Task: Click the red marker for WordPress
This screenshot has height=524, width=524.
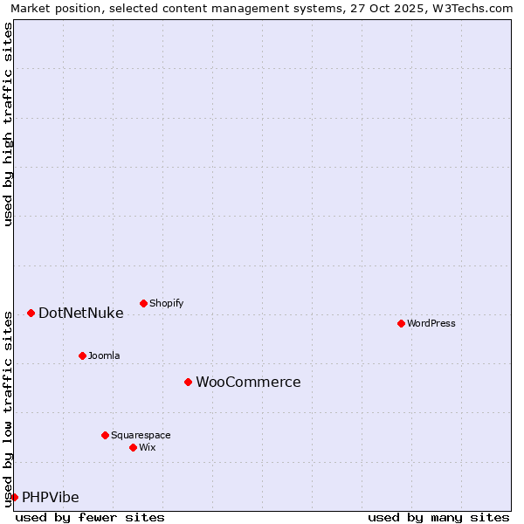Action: point(401,323)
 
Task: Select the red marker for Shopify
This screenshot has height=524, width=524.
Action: point(143,303)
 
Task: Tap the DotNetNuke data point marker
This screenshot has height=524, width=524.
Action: point(31,313)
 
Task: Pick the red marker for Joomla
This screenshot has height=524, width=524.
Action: point(82,355)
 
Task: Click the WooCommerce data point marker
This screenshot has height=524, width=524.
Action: point(188,382)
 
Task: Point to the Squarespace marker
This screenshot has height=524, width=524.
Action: point(105,435)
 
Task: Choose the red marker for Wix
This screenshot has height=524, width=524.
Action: point(133,447)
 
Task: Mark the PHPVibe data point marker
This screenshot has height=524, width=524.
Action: point(14,497)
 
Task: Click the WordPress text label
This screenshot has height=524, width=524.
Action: point(431,323)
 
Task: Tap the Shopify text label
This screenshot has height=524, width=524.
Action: point(166,303)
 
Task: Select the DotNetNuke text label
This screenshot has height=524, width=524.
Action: point(80,313)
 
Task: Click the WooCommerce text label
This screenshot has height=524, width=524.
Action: point(248,382)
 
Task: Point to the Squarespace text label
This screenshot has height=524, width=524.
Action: point(141,435)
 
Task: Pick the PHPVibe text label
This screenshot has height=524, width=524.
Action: point(51,497)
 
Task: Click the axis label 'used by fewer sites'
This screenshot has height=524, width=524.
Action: point(90,517)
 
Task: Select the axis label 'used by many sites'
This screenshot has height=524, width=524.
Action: point(438,517)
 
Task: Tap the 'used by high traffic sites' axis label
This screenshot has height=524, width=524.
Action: point(8,124)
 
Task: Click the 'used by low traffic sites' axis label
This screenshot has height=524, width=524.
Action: point(8,408)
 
